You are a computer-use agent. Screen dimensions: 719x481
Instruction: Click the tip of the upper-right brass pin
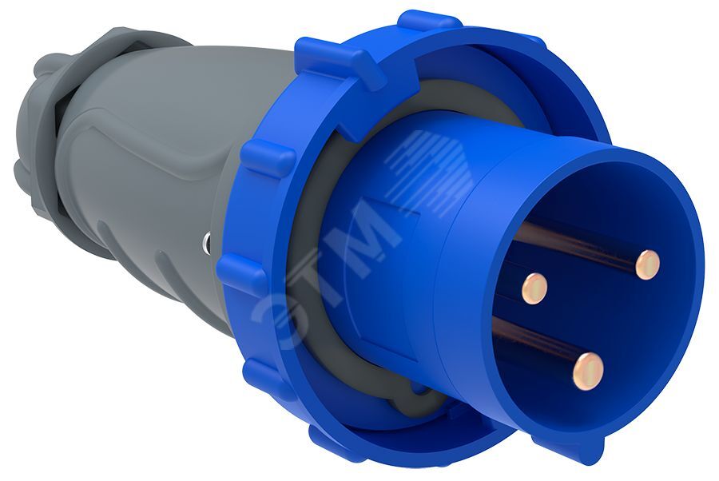(x=648, y=264)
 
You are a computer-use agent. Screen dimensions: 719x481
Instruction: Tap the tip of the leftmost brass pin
(x=534, y=288)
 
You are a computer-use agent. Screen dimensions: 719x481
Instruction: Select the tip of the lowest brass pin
(x=588, y=371)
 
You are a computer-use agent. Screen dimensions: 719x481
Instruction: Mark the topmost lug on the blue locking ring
(x=429, y=21)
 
